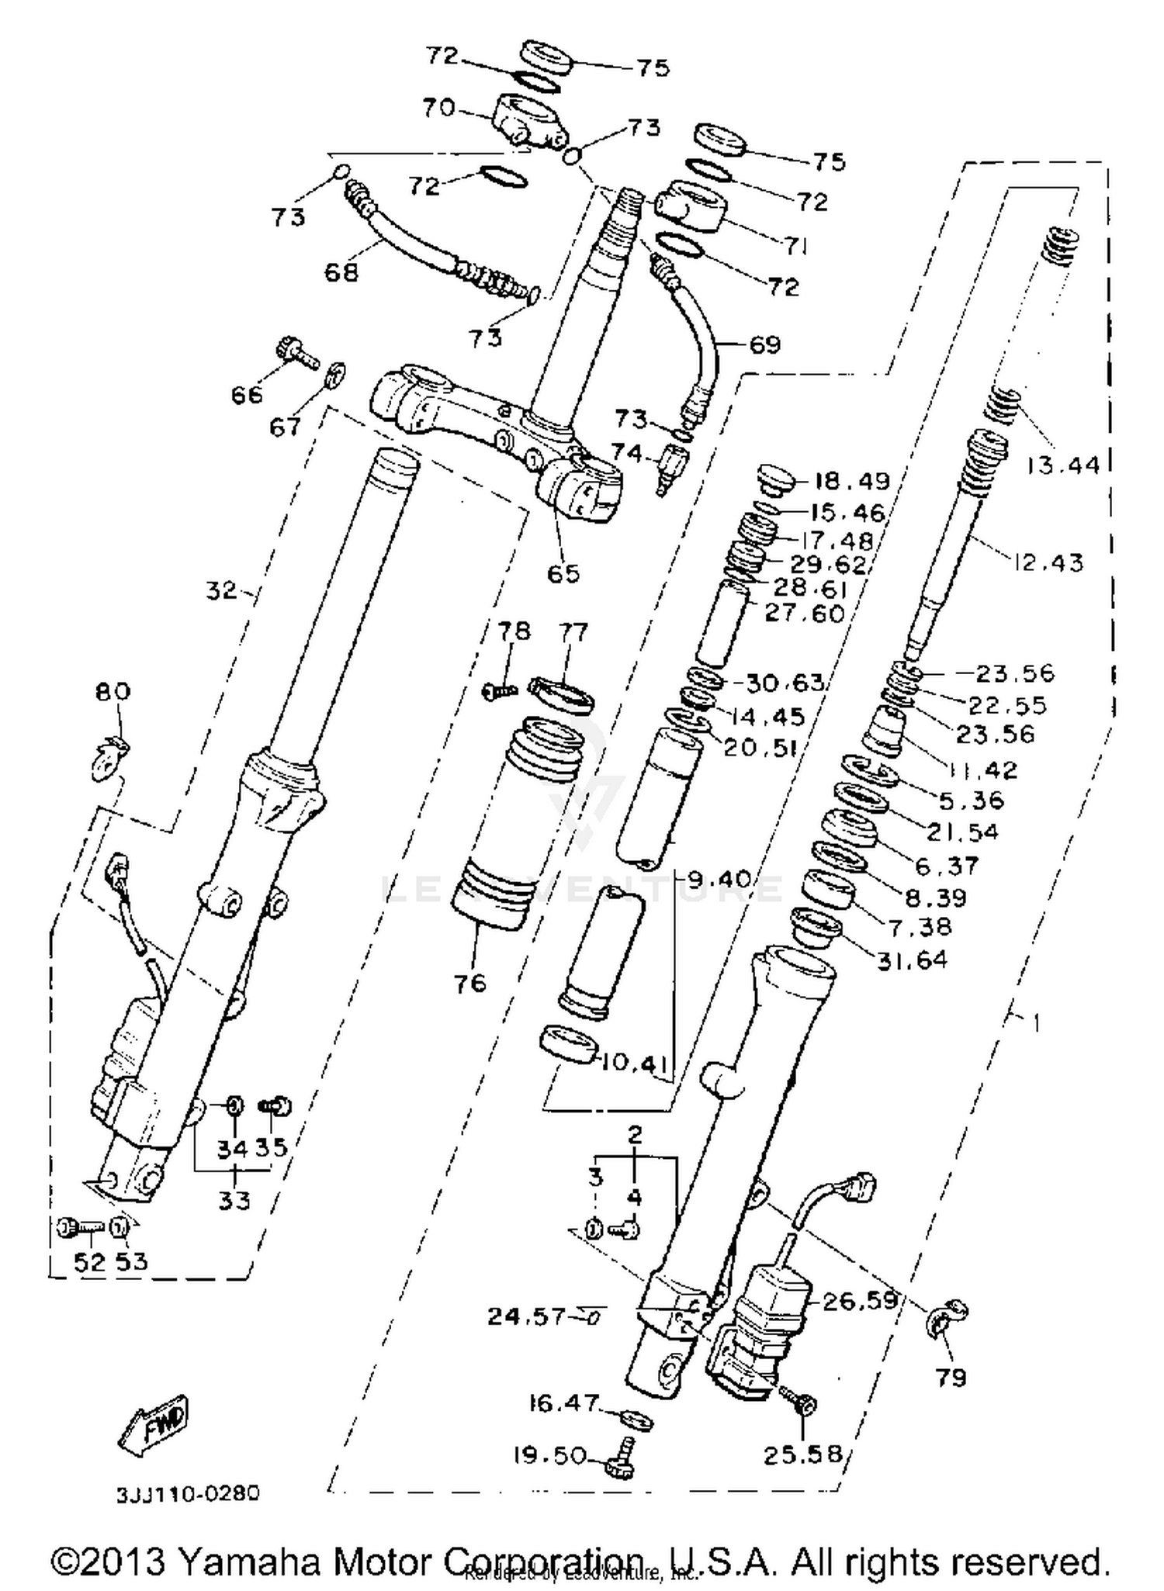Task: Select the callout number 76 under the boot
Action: click(470, 984)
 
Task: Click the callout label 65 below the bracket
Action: click(563, 573)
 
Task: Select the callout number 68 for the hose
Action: click(341, 272)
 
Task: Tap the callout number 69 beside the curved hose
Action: click(764, 344)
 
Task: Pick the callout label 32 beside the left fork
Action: click(221, 590)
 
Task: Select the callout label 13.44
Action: click(1062, 465)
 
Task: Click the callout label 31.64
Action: click(912, 960)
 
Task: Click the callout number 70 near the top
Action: click(438, 107)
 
